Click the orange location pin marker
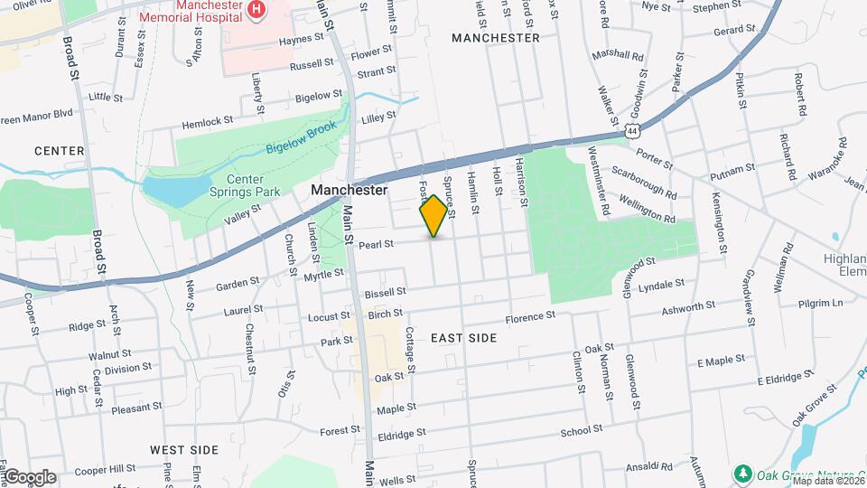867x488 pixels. [433, 215]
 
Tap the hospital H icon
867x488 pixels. [258, 10]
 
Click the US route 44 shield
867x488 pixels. [632, 132]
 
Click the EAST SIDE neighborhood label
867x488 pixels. [463, 338]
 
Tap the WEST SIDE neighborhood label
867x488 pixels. [184, 449]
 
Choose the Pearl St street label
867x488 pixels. [377, 244]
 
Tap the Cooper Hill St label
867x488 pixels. [104, 470]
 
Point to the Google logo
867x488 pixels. [29, 476]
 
